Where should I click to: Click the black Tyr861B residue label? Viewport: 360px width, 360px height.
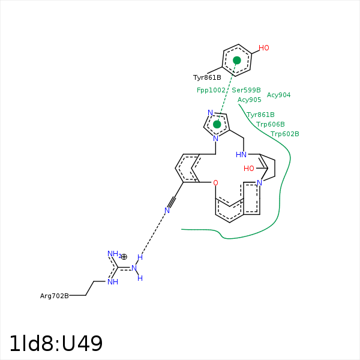point(207,78)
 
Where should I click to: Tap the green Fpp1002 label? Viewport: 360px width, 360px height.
point(211,90)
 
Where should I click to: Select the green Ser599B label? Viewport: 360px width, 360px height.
point(246,90)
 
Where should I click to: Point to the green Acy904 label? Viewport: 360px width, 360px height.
point(278,95)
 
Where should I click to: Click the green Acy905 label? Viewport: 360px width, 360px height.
point(249,100)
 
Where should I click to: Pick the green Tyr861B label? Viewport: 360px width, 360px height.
point(260,115)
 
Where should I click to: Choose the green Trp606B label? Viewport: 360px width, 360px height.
point(270,124)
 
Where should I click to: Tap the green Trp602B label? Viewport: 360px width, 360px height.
point(284,134)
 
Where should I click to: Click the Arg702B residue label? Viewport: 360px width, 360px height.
point(54,296)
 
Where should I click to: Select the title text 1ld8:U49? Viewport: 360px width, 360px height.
point(56,344)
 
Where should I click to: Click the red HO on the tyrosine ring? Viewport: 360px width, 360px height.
point(264,48)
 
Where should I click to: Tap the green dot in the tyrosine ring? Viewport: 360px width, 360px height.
point(237,61)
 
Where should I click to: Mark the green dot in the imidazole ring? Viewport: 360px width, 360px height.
point(217,124)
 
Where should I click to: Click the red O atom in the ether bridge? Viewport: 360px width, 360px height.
point(215,182)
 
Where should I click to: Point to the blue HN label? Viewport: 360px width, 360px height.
point(241,154)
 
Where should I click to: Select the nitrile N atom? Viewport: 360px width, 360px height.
point(167,210)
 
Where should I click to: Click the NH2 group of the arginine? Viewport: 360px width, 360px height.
point(113,254)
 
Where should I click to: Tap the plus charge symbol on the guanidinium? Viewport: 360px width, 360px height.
point(124,256)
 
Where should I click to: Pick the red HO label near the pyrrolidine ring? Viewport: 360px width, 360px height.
point(249,169)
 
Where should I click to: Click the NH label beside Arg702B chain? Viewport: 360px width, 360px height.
point(112,282)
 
